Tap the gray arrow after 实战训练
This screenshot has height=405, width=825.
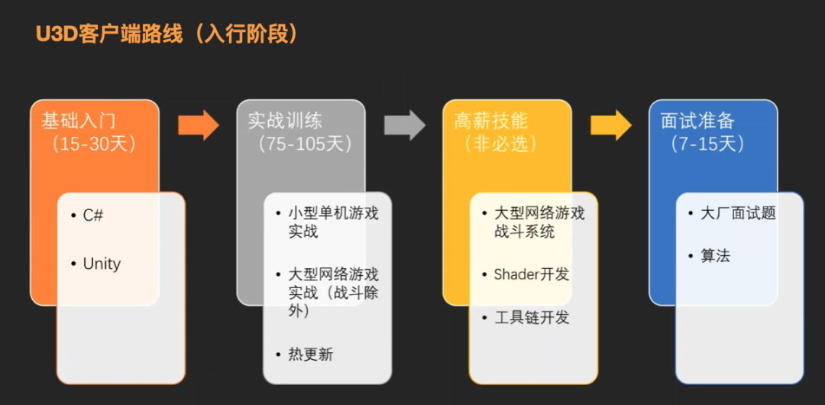coord(404,125)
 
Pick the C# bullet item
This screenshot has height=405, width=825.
coord(92,215)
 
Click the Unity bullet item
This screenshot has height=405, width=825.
coord(102,264)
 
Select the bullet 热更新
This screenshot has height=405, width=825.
coord(310,354)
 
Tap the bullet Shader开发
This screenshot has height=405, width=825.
coord(532,274)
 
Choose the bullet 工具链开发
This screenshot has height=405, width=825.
coord(532,317)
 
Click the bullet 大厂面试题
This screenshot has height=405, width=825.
coord(738,213)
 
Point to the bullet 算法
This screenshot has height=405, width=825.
coord(715,256)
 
